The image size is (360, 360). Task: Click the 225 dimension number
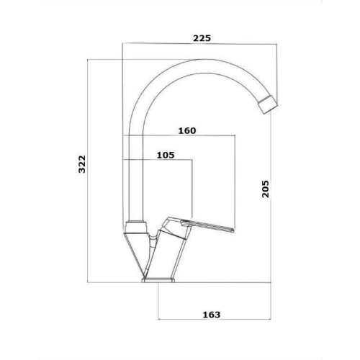202,38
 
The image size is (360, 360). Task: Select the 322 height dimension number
82,164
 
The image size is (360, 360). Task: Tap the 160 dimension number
187,131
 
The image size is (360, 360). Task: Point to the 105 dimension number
166,156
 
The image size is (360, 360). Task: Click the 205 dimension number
266,189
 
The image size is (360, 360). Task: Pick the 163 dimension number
212,315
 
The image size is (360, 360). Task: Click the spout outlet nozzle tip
269,105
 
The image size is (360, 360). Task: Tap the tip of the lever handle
233,230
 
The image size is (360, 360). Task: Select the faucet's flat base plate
158,280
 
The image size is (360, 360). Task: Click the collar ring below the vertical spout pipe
135,227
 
